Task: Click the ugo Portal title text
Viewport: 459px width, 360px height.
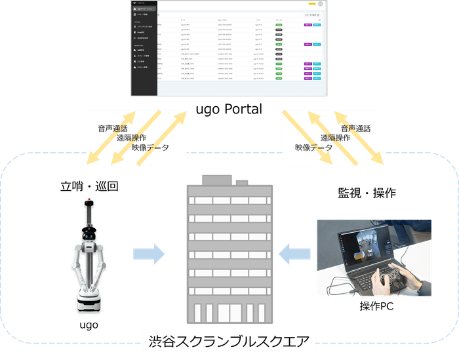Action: tap(229, 108)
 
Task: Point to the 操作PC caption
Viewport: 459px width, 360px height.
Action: tap(376, 306)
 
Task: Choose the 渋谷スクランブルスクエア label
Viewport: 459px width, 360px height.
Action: tap(229, 341)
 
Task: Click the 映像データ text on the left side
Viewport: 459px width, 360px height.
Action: tap(150, 148)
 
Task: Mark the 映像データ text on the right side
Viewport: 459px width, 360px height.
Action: tap(313, 148)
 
